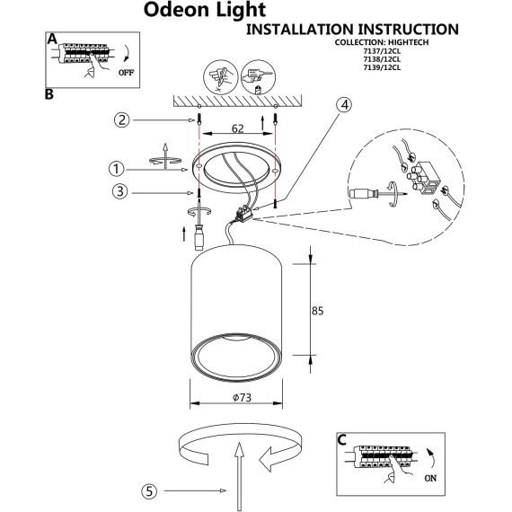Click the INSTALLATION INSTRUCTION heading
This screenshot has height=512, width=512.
tap(353, 30)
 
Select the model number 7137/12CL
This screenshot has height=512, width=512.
tap(434, 52)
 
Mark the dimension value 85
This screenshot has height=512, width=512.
tap(316, 311)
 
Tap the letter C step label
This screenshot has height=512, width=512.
tap(341, 439)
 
